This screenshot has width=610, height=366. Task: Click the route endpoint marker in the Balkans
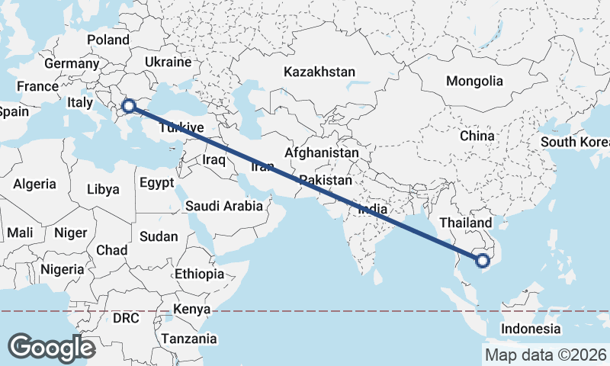click(x=129, y=106)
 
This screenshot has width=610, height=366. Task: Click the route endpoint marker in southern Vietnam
click(x=482, y=262)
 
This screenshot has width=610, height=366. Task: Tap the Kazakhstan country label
click(x=319, y=72)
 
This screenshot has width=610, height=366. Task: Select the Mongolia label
click(x=474, y=81)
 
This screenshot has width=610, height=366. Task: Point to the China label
click(x=477, y=136)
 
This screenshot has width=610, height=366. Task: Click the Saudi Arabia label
click(x=224, y=206)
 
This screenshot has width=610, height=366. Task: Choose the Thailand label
click(x=466, y=222)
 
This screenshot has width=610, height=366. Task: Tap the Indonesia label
click(x=531, y=329)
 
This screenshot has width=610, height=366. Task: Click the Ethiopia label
click(x=199, y=274)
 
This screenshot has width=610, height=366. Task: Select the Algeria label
click(x=34, y=184)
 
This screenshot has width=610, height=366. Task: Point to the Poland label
click(x=108, y=40)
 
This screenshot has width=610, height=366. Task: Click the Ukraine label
click(x=167, y=62)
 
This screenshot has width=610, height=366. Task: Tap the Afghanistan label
click(x=321, y=152)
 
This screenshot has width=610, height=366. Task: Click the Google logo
click(x=51, y=348)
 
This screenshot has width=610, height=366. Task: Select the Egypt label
click(x=157, y=183)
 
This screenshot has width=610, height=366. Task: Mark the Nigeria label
click(x=62, y=269)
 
